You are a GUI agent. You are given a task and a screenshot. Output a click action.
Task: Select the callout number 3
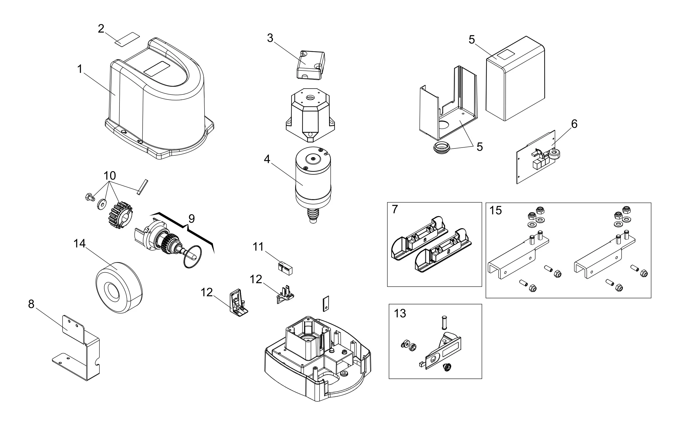click(270, 38)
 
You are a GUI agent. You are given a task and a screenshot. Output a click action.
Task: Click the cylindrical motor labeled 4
click(313, 177)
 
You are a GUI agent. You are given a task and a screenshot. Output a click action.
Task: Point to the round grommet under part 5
click(442, 148)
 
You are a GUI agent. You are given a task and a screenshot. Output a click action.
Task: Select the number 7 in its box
click(395, 209)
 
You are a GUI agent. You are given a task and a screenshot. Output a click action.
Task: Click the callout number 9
click(191, 219)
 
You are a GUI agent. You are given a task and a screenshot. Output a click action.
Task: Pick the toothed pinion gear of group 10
click(120, 215)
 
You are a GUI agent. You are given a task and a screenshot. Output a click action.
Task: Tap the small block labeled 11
click(285, 268)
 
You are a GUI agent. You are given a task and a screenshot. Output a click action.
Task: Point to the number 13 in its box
click(400, 313)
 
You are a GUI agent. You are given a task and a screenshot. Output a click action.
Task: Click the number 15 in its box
click(495, 210)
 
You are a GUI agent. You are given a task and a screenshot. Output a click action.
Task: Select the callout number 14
click(79, 243)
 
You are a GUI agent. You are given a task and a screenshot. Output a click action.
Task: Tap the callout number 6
click(574, 124)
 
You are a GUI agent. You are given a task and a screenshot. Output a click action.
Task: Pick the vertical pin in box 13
click(444, 322)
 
